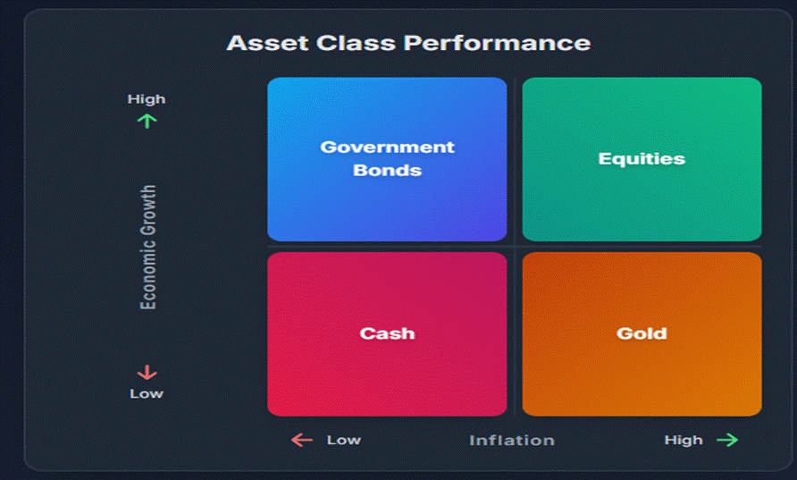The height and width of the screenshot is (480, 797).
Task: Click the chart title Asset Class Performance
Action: pos(407,43)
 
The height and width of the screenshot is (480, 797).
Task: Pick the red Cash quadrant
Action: pos(387,375)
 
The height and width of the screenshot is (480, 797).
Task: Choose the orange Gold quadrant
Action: pos(642,375)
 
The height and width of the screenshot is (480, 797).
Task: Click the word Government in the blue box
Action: pos(387,147)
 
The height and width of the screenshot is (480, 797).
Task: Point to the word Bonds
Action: pos(387,170)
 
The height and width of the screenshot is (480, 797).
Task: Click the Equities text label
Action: pos(642,159)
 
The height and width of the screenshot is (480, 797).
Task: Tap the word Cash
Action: pos(387,333)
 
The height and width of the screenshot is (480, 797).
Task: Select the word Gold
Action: pos(642,333)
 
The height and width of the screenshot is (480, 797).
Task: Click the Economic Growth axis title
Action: pos(148,248)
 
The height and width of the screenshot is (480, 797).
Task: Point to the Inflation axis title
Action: pos(512,440)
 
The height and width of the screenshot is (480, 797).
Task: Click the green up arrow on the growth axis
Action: pos(147,120)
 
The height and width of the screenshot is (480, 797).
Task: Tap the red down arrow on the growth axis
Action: pos(147,373)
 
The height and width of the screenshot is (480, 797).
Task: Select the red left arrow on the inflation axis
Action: pos(302,440)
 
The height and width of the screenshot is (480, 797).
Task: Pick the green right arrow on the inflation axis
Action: pos(727,440)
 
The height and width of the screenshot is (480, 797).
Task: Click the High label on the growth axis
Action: pos(147,99)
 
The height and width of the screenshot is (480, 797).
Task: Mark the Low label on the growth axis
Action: pos(147,393)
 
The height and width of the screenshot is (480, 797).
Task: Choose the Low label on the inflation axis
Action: pos(343,440)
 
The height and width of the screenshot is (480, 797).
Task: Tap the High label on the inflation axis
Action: pos(684,440)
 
